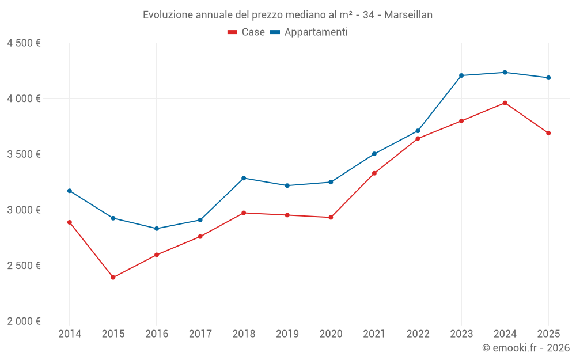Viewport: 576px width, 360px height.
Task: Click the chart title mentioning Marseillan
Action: coord(287,14)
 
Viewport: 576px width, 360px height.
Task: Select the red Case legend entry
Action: coord(246,32)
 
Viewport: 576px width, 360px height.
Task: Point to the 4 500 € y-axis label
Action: coord(24,43)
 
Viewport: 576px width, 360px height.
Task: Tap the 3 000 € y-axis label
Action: coord(24,210)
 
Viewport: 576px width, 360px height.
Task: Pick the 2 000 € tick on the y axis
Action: coord(24,321)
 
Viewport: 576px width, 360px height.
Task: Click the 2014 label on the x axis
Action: coord(70,334)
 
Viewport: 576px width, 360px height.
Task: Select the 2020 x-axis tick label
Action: coord(331,334)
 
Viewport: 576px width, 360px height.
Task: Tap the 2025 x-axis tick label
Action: coord(548,334)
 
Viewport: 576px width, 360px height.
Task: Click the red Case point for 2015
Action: coord(113,278)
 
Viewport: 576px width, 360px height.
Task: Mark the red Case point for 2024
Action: coord(505,103)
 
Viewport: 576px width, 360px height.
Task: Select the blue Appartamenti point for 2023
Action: coord(461,75)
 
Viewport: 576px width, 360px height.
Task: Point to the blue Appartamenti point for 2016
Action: coord(157,229)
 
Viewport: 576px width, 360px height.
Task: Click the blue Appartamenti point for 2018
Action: coord(244,178)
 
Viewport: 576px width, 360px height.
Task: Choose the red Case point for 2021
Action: coord(374,173)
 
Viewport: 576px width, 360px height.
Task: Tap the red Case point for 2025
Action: coord(548,133)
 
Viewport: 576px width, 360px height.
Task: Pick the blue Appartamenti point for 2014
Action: coord(70,191)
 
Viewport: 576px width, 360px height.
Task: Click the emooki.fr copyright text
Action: coord(526,348)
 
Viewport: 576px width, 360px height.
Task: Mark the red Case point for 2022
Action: coord(418,138)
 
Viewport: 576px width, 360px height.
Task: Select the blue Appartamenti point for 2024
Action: coord(505,73)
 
